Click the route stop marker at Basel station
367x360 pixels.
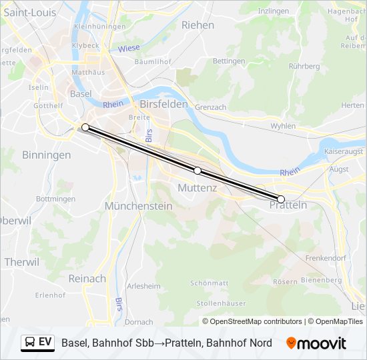85,127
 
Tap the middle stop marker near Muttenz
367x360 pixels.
198,171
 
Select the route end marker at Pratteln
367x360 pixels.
281,199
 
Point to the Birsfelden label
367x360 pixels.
164,105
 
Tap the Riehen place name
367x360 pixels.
198,25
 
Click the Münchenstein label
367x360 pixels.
138,207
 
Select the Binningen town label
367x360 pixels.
47,155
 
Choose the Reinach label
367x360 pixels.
87,279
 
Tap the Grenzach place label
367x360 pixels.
212,107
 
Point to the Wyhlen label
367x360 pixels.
283,125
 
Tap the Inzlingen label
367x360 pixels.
274,11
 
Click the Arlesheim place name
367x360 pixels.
143,286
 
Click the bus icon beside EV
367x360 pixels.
31,343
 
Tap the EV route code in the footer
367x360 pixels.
45,343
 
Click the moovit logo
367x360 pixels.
316,343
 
